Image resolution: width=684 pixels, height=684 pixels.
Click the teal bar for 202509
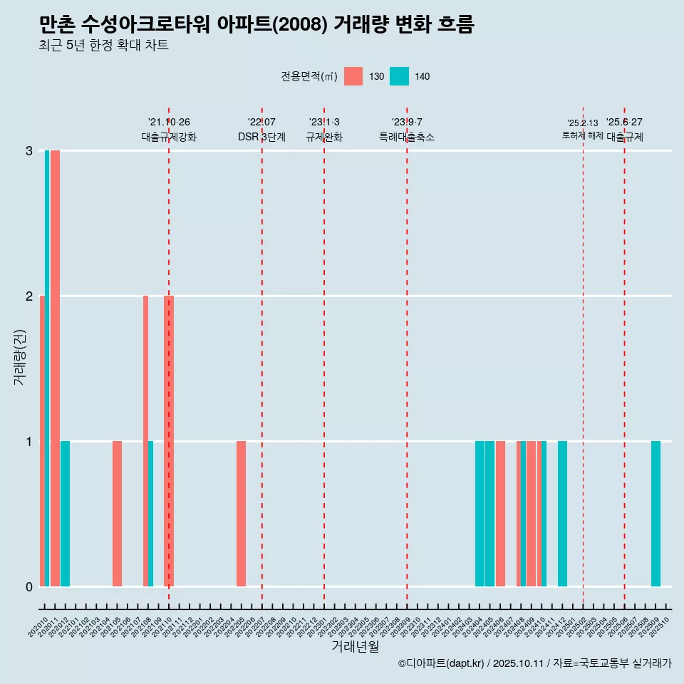[655, 514]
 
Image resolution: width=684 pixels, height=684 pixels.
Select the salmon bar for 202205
[241, 514]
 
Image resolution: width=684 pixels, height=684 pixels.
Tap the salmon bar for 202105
[117, 514]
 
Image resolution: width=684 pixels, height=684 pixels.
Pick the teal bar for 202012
[65, 514]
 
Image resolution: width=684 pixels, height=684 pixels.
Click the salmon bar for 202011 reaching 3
[55, 368]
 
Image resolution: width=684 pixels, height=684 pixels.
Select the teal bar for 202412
[562, 514]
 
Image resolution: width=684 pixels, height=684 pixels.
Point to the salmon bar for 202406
[500, 514]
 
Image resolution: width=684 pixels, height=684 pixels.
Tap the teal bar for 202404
[480, 514]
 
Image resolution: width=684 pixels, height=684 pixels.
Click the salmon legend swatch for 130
[353, 76]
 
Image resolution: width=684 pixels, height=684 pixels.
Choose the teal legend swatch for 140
[399, 76]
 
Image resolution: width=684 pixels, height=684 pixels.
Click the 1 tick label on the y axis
[29, 442]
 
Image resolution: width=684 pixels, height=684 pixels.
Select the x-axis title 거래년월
[355, 646]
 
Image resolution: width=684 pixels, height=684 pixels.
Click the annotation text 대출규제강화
[169, 137]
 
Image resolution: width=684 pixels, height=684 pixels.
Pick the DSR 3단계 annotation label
[261, 137]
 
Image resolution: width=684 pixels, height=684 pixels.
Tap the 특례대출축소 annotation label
[406, 137]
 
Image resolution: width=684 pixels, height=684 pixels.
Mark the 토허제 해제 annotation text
[582, 135]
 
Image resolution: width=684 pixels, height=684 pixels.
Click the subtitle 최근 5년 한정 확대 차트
[104, 46]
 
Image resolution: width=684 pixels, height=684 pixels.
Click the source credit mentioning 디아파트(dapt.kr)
[534, 663]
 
